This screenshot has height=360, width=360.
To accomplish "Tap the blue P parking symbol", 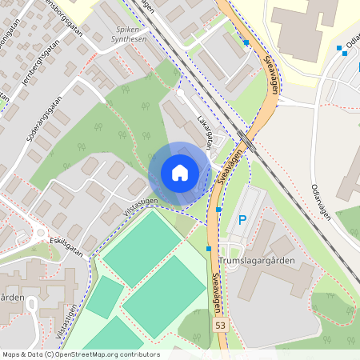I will [242, 220].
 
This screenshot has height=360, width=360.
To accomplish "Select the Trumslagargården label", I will [258, 261].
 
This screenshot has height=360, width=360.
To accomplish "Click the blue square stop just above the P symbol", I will [218, 209].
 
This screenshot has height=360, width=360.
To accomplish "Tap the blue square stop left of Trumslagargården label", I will [209, 250].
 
